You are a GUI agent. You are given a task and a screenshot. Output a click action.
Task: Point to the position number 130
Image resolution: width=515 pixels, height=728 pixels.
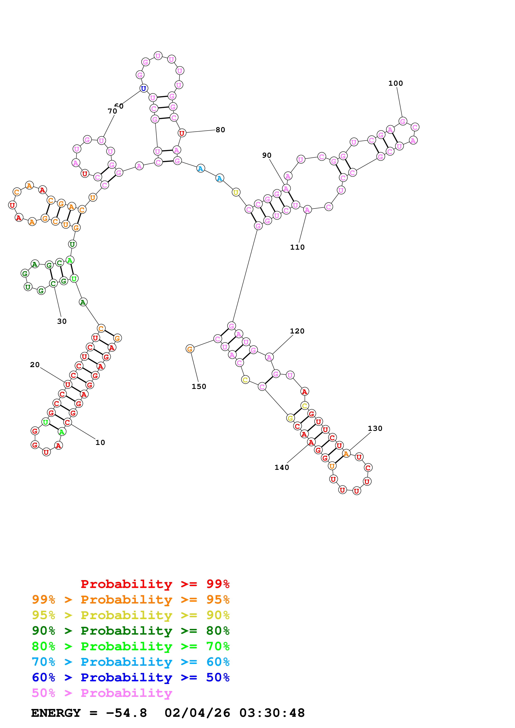[375, 428]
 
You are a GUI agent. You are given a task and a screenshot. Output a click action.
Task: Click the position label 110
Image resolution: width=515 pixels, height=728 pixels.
[297, 247]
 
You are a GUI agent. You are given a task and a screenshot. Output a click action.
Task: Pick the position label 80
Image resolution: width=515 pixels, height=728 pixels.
[220, 130]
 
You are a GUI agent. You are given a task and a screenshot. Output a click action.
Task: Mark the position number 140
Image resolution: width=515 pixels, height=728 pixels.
[281, 467]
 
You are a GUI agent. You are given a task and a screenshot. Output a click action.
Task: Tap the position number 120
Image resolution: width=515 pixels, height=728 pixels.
[297, 331]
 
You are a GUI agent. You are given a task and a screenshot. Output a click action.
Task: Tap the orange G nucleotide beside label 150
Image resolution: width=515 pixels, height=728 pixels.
[190, 349]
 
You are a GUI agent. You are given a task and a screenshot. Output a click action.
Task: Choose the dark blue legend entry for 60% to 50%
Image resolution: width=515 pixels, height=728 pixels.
[130, 677]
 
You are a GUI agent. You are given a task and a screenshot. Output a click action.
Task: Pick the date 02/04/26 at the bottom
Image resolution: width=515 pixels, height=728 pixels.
[197, 713]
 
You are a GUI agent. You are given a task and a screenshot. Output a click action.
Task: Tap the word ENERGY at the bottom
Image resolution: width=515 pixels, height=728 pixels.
[56, 713]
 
